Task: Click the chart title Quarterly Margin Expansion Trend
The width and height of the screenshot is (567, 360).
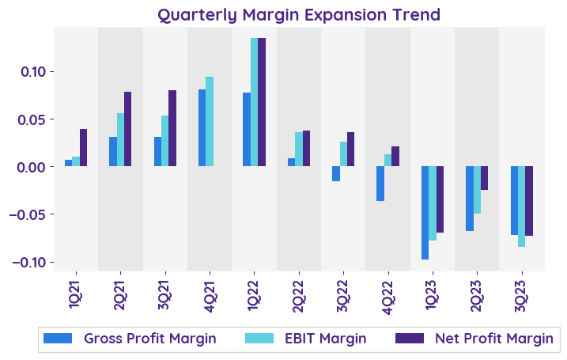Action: [299, 14]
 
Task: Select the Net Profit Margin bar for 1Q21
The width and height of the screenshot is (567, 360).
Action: [83, 148]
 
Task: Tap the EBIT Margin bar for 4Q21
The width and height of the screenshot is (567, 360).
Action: [210, 122]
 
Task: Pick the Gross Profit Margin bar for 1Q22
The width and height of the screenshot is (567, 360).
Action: [247, 130]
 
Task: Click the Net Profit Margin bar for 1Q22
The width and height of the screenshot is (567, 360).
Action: [262, 102]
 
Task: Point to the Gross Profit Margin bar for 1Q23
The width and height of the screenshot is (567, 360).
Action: [425, 213]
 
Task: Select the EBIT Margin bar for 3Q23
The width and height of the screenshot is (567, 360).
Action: [521, 207]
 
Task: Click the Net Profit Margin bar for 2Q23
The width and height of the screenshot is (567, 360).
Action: [484, 178]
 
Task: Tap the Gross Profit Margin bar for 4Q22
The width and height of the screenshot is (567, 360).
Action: [380, 184]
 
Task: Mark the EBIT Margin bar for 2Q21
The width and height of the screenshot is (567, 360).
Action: [120, 140]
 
